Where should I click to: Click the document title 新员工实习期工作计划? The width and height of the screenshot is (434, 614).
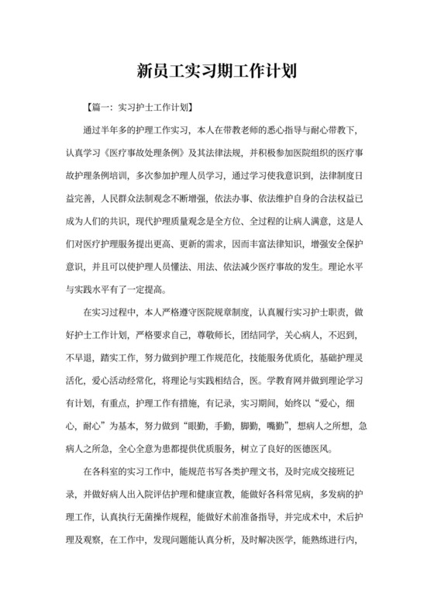point(217,71)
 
